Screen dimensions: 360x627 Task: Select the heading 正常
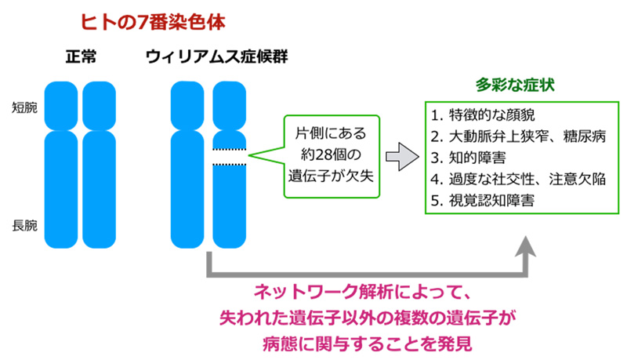click(82, 58)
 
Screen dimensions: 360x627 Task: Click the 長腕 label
click(24, 227)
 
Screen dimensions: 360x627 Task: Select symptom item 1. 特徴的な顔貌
click(482, 115)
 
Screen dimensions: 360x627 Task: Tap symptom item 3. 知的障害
click(471, 157)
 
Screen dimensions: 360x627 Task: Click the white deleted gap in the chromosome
click(230, 157)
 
